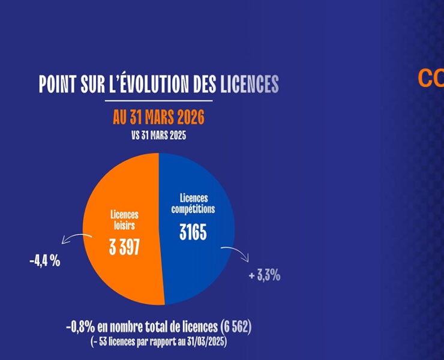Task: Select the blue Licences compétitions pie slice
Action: pyautogui.click(x=198, y=264)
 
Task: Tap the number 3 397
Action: pyautogui.click(x=124, y=247)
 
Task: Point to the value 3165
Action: pyautogui.click(x=193, y=232)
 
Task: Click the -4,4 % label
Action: pyautogui.click(x=44, y=262)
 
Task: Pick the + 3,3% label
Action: pyautogui.click(x=265, y=275)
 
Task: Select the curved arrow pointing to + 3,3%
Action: pyautogui.click(x=236, y=253)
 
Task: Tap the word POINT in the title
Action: pyautogui.click(x=59, y=85)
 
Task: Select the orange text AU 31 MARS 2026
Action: pyautogui.click(x=158, y=117)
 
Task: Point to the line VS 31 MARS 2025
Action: pyautogui.click(x=158, y=135)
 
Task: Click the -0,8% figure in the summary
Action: pyautogui.click(x=80, y=328)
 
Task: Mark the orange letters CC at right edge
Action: pyautogui.click(x=431, y=79)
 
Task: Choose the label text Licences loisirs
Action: pyautogui.click(x=124, y=220)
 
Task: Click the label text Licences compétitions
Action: pyautogui.click(x=193, y=203)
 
